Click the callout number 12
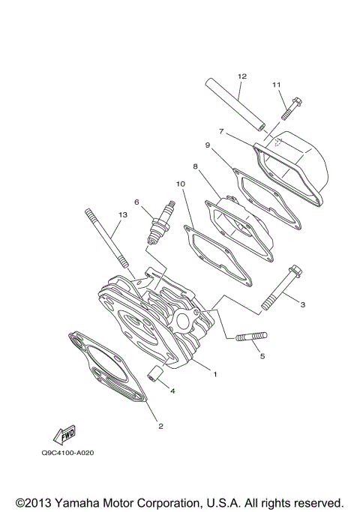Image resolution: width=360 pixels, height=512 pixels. [241, 76]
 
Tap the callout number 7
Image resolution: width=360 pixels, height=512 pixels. [221, 131]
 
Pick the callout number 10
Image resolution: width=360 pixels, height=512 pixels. [180, 183]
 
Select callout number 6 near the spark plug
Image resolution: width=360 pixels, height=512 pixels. [137, 202]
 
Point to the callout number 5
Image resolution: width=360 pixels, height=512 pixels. [262, 356]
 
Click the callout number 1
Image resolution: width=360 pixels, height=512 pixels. [214, 373]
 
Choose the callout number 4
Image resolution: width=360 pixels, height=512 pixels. [172, 391]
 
